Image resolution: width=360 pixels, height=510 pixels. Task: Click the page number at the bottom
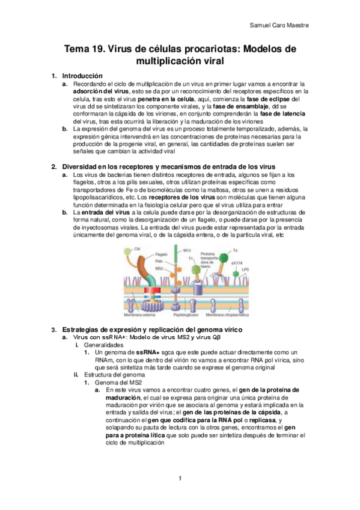click(x=180, y=479)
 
